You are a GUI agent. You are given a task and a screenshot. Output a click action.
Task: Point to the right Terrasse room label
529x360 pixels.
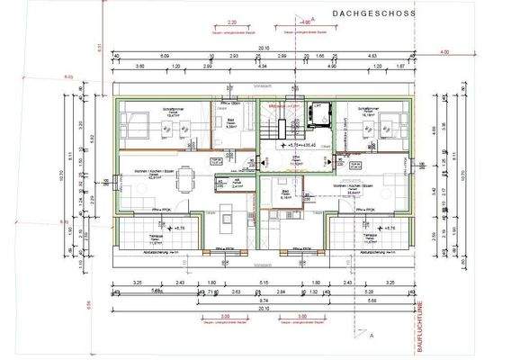tap(369, 239)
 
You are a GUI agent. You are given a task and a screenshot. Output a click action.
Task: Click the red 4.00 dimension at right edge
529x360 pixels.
tap(444, 52)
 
